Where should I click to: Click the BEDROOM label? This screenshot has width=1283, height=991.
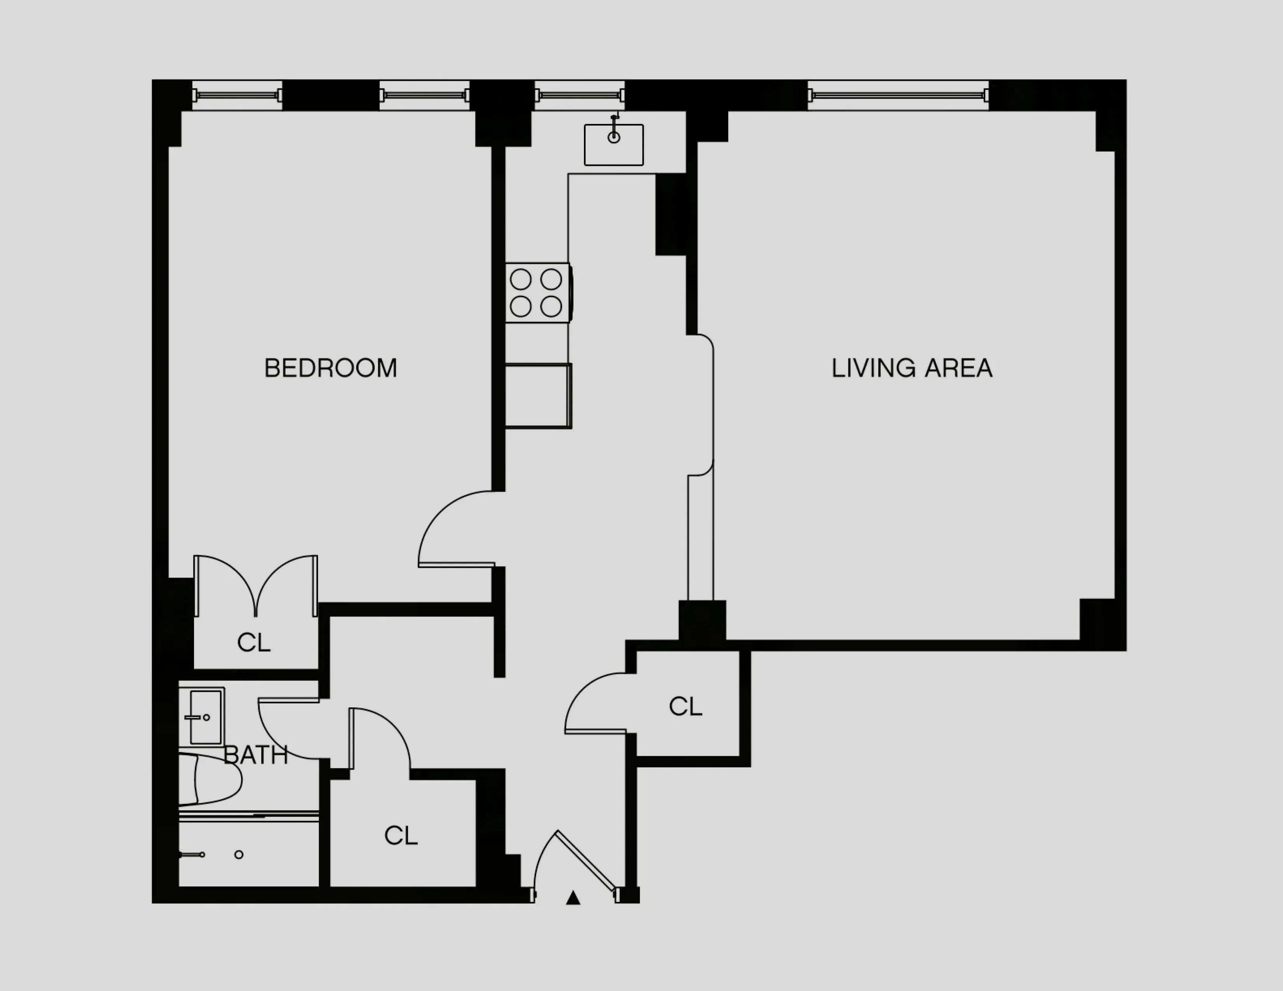pos(331,368)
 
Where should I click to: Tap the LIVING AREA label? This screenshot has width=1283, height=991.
pos(912,368)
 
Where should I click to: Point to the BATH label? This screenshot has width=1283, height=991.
pos(256,755)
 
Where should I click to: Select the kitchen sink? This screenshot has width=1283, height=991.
pos(613,145)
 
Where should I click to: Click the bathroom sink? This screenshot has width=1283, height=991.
pos(202,716)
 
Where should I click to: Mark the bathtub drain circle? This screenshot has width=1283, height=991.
pos(238,854)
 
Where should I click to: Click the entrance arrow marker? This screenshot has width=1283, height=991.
pos(573,898)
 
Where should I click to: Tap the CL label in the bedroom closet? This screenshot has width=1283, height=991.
pos(254,643)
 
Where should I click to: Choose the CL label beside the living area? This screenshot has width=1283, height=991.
pos(685,707)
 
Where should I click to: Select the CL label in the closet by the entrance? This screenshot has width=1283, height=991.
pos(400,836)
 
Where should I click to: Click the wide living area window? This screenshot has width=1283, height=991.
pos(898,95)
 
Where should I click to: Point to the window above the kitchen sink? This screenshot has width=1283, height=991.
pos(579,95)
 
